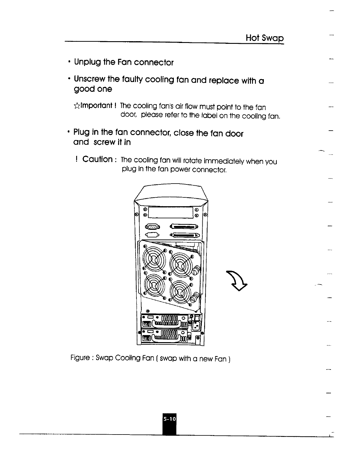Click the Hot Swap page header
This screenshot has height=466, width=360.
coord(265,38)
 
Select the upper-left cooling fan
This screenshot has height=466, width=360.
coord(153,260)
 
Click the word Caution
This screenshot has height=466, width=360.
coord(97,159)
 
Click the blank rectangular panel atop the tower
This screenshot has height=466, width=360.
coord(170,212)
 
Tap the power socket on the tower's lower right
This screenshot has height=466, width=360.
coord(196,326)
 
